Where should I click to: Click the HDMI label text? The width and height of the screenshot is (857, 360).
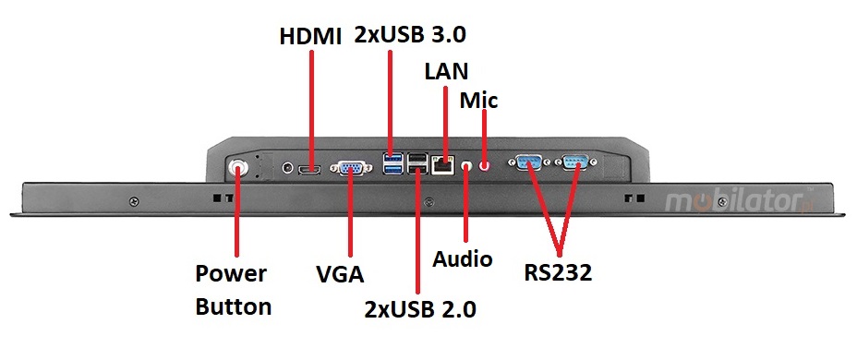coord(310,37)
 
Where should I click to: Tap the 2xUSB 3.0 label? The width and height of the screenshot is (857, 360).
coord(410,36)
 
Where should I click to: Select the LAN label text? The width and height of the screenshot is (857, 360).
coord(446,70)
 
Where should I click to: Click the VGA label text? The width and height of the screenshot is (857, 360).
coord(340,274)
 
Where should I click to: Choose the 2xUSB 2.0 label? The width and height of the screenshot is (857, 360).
coord(419,308)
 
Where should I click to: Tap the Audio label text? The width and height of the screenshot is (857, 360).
coord(462,259)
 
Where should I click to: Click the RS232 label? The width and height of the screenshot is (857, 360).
coord(558,272)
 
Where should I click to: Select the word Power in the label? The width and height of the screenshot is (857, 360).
coord(231,274)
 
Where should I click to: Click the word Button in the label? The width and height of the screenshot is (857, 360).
coord(233,306)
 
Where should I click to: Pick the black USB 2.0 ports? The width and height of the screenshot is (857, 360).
coord(418,166)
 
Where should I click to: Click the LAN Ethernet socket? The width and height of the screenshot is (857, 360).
coord(444,166)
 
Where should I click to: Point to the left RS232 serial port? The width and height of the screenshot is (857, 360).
coord(529,163)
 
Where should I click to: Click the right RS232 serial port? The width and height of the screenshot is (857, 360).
coord(574,163)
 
